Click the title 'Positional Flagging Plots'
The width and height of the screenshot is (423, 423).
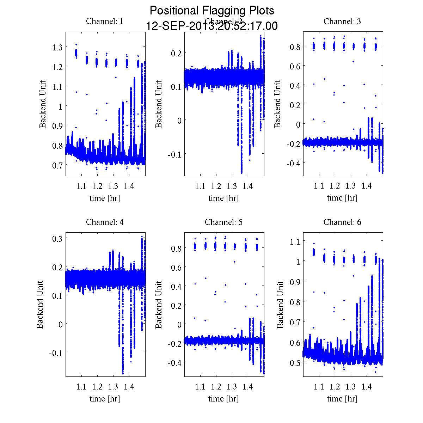pyautogui.click(x=211, y=11)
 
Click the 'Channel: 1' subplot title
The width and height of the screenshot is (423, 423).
pyautogui.click(x=105, y=22)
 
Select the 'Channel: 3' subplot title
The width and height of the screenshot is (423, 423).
pyautogui.click(x=342, y=22)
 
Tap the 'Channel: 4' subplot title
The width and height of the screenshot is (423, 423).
pyautogui.click(x=105, y=222)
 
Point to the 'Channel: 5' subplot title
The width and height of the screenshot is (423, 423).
pyautogui.click(x=223, y=222)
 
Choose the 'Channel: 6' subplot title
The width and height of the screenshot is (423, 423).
pyautogui.click(x=342, y=222)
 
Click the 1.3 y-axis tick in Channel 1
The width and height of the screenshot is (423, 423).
pyautogui.click(x=57, y=47)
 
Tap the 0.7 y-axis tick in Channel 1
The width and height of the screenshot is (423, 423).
pyautogui.click(x=57, y=165)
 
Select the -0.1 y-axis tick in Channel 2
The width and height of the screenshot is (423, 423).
pyautogui.click(x=174, y=154)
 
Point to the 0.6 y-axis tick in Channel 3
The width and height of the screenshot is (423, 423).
pyautogui.click(x=295, y=66)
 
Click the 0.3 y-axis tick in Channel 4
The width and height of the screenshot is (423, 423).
pyautogui.click(x=57, y=239)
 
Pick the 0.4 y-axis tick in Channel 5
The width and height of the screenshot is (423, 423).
pyautogui.click(x=176, y=287)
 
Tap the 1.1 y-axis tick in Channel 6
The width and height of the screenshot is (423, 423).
pyautogui.click(x=295, y=241)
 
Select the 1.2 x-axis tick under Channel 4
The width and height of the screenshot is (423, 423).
pyautogui.click(x=97, y=387)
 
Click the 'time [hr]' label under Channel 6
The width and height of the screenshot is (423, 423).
pyautogui.click(x=342, y=399)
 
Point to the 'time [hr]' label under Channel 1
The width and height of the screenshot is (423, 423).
pyautogui.click(x=105, y=198)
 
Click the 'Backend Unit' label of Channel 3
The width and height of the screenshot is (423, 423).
pyautogui.click(x=278, y=104)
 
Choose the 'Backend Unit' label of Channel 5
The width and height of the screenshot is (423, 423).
pyautogui.click(x=159, y=305)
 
